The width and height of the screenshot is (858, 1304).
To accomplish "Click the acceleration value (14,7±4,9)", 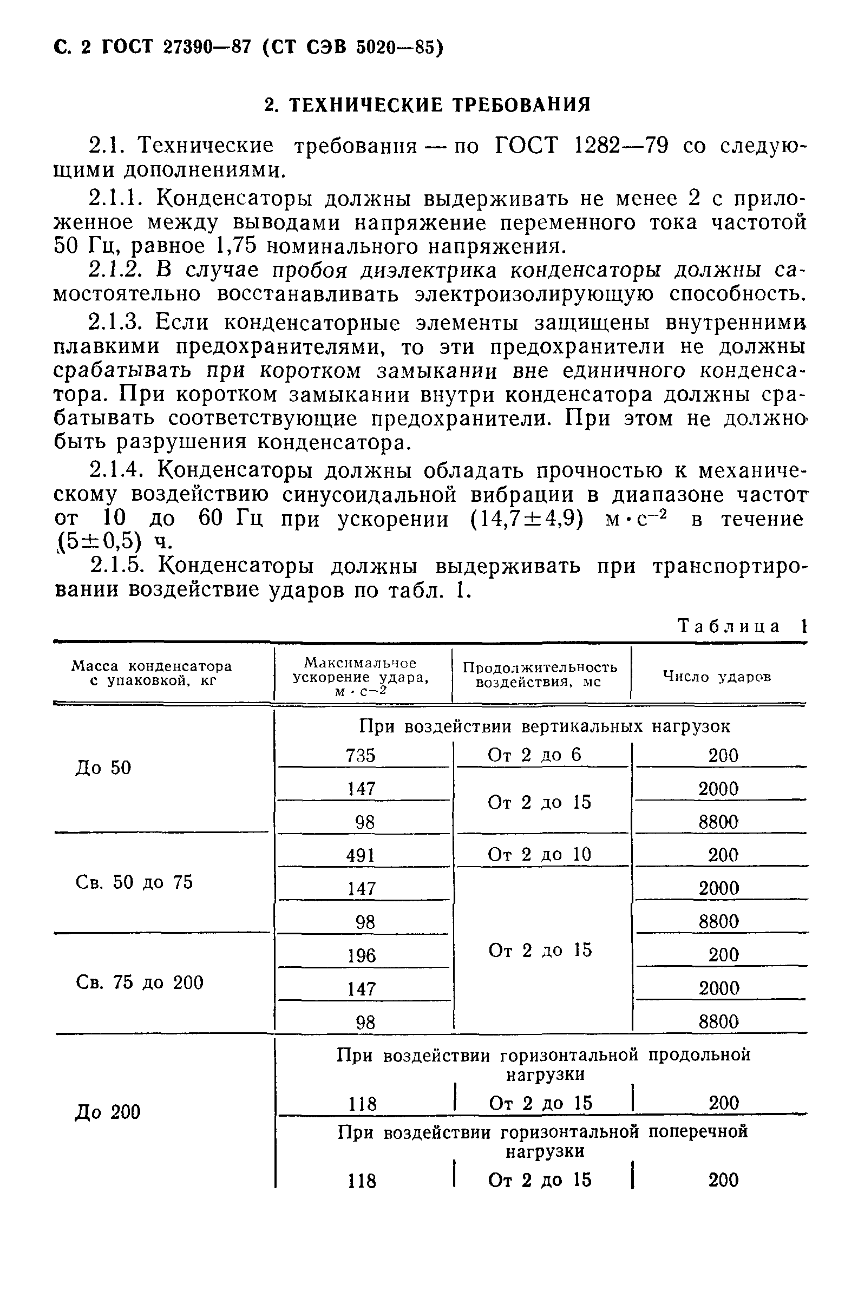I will (x=527, y=519).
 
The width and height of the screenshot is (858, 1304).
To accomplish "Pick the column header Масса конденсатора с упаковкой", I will (x=152, y=673).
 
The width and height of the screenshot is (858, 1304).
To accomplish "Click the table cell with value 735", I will (x=361, y=756).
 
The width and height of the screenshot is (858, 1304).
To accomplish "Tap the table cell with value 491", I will (x=361, y=855).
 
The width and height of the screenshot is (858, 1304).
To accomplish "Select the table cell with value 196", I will (x=362, y=955).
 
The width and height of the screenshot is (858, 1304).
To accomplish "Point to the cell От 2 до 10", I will (x=539, y=854).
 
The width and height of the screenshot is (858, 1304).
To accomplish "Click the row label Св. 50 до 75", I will (x=134, y=882).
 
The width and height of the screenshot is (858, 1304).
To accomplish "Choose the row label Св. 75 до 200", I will (x=140, y=982).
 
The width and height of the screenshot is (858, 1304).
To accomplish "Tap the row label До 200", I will (x=108, y=1112).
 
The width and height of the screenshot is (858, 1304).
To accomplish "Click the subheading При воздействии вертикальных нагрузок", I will (x=545, y=726).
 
